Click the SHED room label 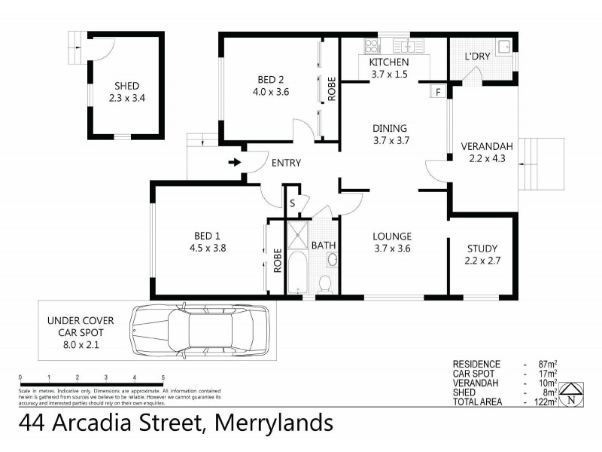point(126,86)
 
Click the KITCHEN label point(389,62)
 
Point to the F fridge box point(437,92)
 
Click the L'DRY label point(477,56)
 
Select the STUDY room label point(482,248)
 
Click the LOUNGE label point(392,234)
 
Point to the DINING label point(389,128)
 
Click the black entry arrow point(235,162)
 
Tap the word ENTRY point(286,163)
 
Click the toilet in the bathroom point(326,285)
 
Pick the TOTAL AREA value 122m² point(545,402)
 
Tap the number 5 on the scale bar point(163,377)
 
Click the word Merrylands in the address point(274,423)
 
